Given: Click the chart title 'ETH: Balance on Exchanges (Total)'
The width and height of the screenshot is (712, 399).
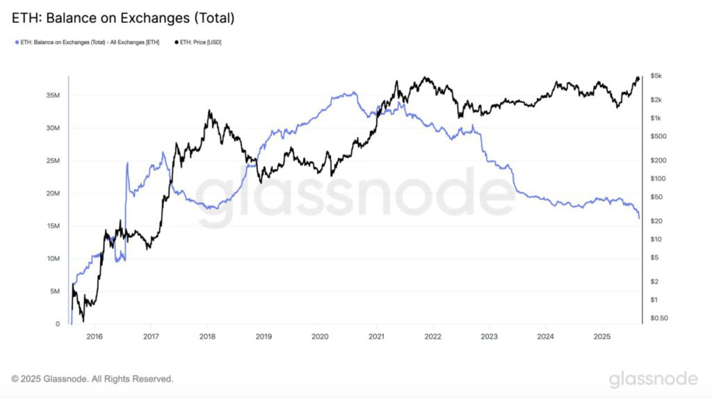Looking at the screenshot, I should point(123,19).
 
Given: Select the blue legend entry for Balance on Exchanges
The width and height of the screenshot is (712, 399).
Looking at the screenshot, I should point(87,42).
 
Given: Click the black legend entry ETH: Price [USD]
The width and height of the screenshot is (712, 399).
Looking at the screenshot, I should point(197,42).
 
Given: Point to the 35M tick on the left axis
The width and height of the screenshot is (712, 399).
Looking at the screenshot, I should point(53,95).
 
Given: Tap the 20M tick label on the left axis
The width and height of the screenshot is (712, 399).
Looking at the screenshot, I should point(53,193).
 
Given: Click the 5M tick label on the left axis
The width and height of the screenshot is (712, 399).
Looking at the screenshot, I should point(55,291).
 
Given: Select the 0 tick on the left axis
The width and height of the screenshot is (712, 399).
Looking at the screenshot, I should point(58,324).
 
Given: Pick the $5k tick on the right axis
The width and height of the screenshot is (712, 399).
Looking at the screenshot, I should point(656,75).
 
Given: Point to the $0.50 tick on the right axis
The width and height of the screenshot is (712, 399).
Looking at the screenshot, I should point(658,318).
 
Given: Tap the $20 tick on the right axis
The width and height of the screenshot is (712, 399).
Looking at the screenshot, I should point(655,221).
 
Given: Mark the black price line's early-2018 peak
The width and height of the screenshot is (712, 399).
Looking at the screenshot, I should point(209,110).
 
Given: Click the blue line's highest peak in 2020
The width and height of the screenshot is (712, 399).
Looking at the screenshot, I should point(354,92).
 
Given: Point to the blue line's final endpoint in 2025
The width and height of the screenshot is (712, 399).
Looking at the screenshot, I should point(640,218).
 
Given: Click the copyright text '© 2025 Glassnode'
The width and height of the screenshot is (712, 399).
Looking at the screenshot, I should point(92,379).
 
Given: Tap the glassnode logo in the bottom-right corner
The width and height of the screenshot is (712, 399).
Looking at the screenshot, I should point(653,379).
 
